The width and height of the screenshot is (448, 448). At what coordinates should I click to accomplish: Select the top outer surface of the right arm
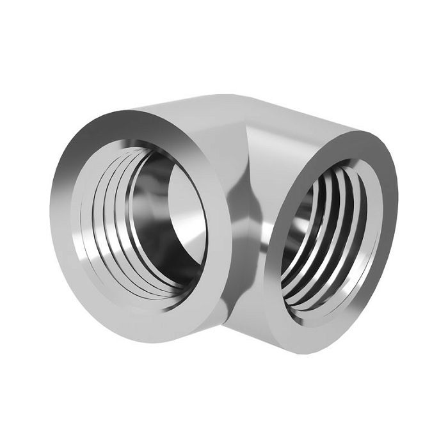[x=301, y=118]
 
